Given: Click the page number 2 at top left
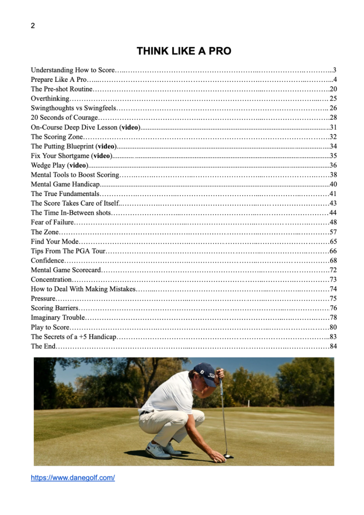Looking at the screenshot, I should point(33,26).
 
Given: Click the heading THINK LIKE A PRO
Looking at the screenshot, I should point(184,51).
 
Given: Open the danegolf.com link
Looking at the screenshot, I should point(73,478).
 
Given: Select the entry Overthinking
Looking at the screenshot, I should point(50,99).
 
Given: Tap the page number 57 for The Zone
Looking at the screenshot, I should point(333,232).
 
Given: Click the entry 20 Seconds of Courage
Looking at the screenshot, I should point(64,118).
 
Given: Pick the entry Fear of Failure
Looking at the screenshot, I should point(52,222).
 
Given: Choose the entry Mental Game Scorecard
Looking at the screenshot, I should point(66,270).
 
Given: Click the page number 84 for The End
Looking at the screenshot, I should point(333,346).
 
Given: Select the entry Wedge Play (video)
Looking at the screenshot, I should point(60,165).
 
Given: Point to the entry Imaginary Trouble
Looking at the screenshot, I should point(58,318).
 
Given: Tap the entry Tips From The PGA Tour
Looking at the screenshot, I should point(68,251).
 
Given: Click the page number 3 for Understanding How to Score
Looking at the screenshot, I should point(335,70).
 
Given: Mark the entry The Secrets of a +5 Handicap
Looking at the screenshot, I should point(74,337).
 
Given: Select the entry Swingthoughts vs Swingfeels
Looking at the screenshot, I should point(73,108).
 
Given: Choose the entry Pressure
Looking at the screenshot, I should point(43,299).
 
